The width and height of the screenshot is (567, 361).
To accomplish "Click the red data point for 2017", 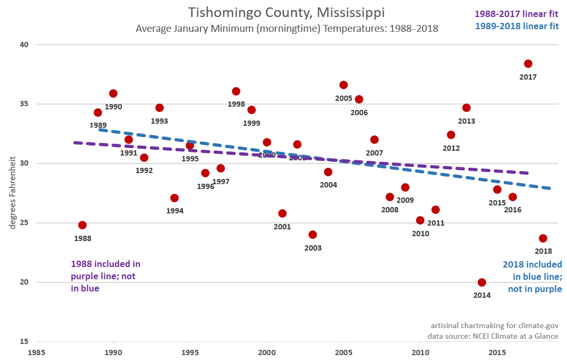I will [528, 64].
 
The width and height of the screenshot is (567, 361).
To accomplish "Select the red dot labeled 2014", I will [482, 282].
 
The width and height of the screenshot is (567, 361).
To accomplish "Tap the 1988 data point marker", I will [82, 225].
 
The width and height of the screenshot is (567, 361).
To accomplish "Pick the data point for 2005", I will [344, 85].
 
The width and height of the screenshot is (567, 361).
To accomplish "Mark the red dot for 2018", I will [543, 238].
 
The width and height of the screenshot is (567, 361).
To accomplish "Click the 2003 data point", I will [313, 235].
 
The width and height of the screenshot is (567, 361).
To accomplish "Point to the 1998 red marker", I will [236, 91].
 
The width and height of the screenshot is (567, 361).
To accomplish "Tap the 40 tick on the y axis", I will [24, 45].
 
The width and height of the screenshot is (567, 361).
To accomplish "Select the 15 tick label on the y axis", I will [24, 341].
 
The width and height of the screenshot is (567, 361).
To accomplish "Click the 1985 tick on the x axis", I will [36, 352].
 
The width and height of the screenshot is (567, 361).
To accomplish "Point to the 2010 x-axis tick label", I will [420, 352].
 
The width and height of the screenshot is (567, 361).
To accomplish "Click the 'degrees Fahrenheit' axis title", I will [12, 194].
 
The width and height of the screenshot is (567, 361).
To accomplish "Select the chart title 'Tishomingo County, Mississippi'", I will [286, 12].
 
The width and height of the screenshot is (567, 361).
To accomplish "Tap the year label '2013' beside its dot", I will [466, 121].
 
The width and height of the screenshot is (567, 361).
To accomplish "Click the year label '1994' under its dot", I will [174, 211].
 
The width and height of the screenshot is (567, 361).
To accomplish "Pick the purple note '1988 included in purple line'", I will [105, 276].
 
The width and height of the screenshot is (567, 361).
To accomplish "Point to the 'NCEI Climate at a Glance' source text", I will [493, 336].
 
